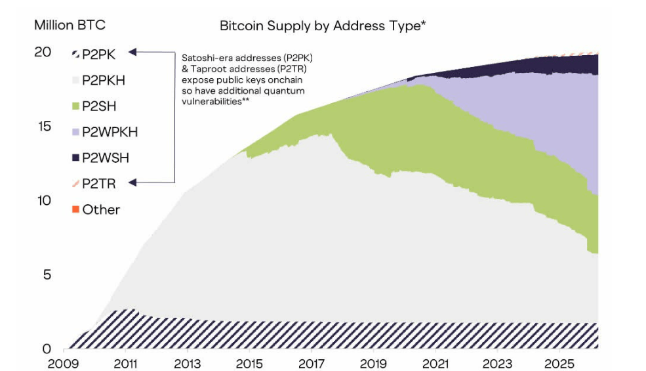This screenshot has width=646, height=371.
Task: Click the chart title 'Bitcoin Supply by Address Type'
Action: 323,26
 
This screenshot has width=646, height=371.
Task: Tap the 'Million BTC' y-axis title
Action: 70,26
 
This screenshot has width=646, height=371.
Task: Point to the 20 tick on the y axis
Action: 43,52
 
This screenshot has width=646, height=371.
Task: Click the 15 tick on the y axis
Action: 43,126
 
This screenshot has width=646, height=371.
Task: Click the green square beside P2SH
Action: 75,106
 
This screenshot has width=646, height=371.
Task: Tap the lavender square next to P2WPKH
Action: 75,131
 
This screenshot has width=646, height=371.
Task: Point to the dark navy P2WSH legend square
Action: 75,158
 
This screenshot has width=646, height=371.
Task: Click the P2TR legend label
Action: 99,183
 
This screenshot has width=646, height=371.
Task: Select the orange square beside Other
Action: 75,209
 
